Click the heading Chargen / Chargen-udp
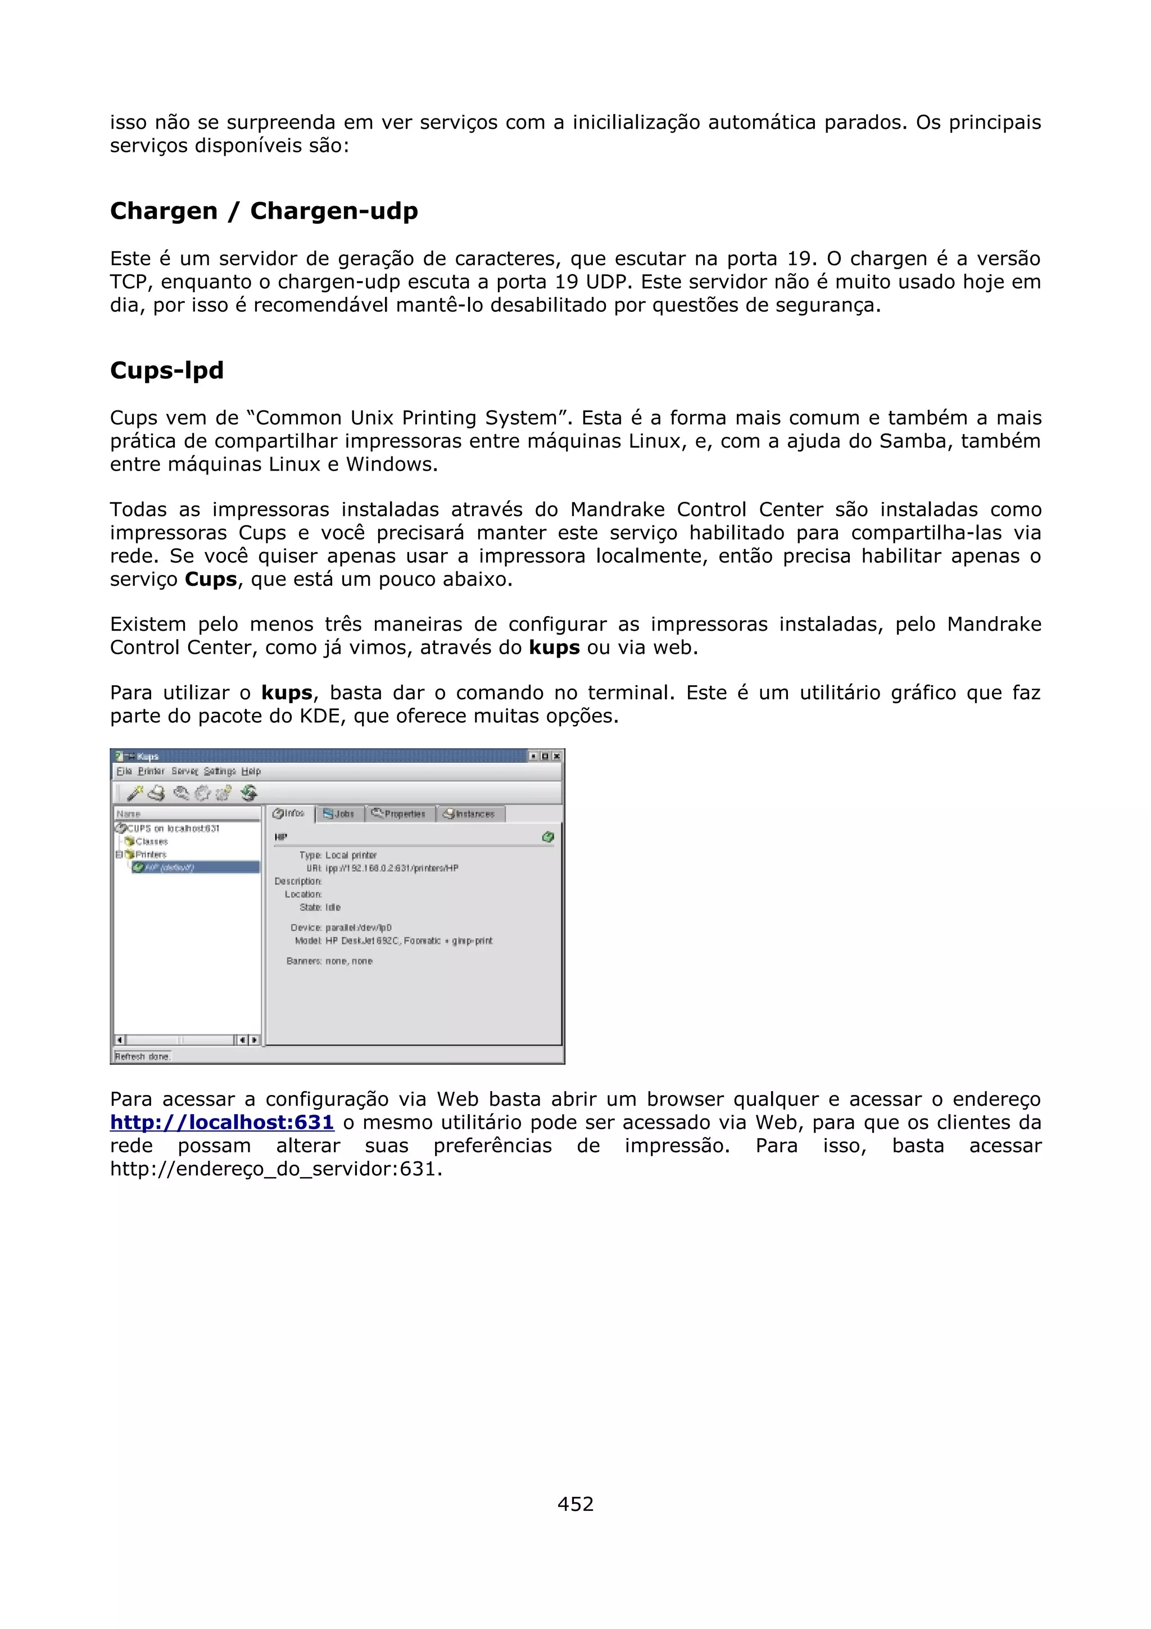264,211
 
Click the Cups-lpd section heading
167,370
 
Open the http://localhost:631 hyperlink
221,1123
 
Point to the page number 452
575,1504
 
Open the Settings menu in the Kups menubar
219,771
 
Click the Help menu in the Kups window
251,771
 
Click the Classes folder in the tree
151,841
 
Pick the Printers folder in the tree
151,854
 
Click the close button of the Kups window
557,757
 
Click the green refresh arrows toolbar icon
249,793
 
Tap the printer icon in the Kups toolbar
156,793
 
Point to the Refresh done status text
142,1056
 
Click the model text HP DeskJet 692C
363,941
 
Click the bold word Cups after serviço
211,580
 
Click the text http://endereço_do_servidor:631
276,1169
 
